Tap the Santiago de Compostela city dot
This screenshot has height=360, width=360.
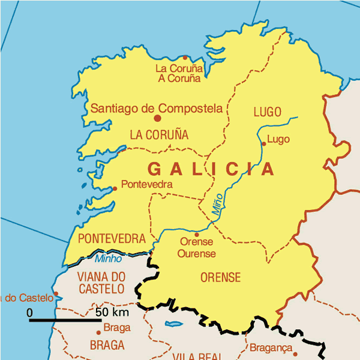158,118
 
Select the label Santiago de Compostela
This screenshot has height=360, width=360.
157,109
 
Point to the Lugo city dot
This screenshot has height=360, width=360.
263,143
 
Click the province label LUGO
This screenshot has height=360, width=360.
268,112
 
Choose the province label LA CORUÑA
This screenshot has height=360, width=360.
159,135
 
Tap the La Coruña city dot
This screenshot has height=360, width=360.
185,58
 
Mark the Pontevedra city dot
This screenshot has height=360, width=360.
115,188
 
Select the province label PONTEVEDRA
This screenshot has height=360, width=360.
112,238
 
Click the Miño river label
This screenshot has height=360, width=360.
217,204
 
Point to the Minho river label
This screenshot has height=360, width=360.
108,259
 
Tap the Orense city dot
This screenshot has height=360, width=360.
197,235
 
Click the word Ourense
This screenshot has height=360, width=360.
196,253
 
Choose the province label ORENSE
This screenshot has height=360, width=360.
220,278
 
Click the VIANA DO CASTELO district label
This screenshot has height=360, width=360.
102,283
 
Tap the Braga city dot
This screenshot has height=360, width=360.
98,332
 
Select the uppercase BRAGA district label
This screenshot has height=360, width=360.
107,346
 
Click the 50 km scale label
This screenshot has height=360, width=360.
112,313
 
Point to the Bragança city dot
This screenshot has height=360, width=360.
295,354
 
